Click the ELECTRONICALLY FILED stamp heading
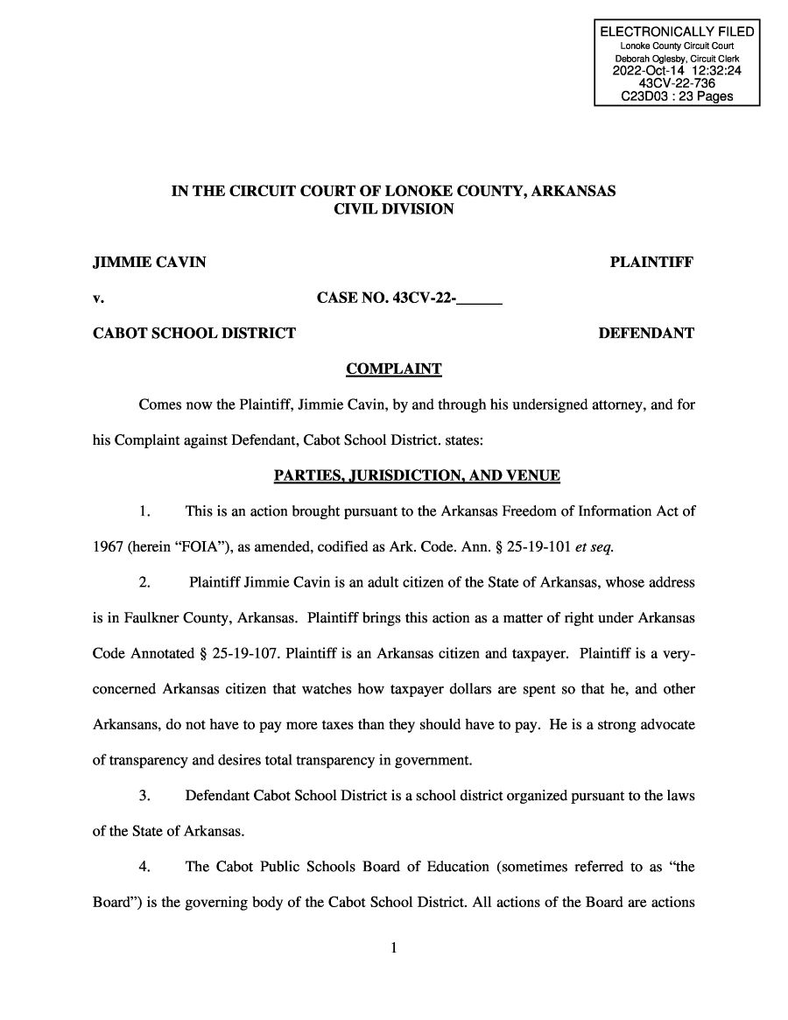pyautogui.click(x=676, y=32)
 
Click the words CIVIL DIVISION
pyautogui.click(x=393, y=209)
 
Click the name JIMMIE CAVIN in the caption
pyautogui.click(x=150, y=262)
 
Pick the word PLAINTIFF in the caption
pyautogui.click(x=651, y=262)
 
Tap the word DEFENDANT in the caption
pyautogui.click(x=645, y=333)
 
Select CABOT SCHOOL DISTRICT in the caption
pyautogui.click(x=194, y=333)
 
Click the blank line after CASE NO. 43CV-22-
pyautogui.click(x=480, y=299)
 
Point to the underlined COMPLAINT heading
pyautogui.click(x=394, y=369)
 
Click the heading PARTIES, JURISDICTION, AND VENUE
pyautogui.click(x=417, y=475)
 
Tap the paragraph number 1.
pyautogui.click(x=146, y=511)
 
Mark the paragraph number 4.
pyautogui.click(x=146, y=867)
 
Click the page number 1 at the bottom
pyautogui.click(x=394, y=947)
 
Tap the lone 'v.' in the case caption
pyautogui.click(x=98, y=298)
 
